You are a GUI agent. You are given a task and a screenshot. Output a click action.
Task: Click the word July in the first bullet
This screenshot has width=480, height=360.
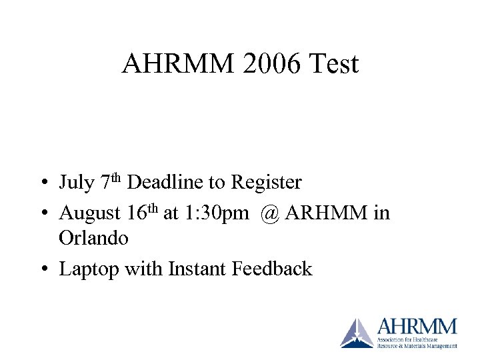click(x=76, y=182)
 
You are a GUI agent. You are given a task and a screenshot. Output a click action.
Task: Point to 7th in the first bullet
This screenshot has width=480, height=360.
click(x=111, y=181)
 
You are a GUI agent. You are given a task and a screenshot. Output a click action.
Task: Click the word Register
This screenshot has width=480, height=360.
click(x=266, y=183)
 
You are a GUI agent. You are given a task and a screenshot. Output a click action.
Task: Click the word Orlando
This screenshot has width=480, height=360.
click(x=93, y=237)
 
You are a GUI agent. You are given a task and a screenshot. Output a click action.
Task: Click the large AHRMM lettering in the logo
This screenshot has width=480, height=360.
click(x=417, y=327)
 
